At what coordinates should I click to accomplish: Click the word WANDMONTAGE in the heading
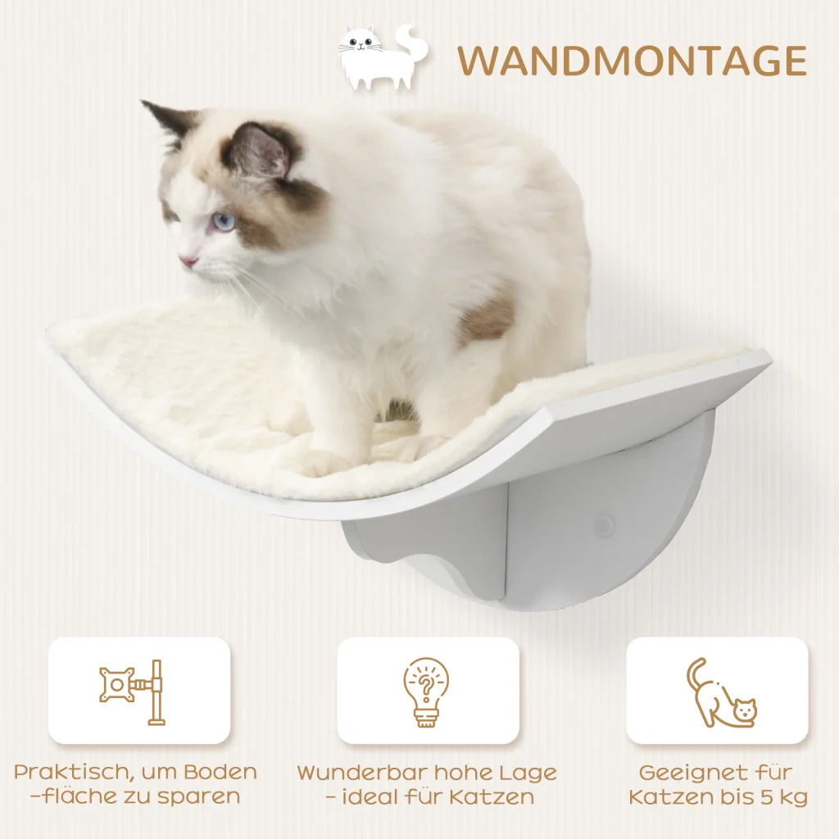[x=632, y=61]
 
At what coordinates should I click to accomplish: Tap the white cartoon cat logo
[x=383, y=57]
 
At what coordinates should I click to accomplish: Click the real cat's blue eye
[x=224, y=221]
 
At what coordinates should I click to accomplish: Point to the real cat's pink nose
[x=188, y=262]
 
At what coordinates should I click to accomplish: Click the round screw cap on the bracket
[x=603, y=525]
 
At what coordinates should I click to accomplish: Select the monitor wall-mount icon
[x=133, y=692]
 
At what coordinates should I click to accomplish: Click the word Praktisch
[x=70, y=773]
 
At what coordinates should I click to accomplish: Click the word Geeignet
[x=688, y=773]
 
